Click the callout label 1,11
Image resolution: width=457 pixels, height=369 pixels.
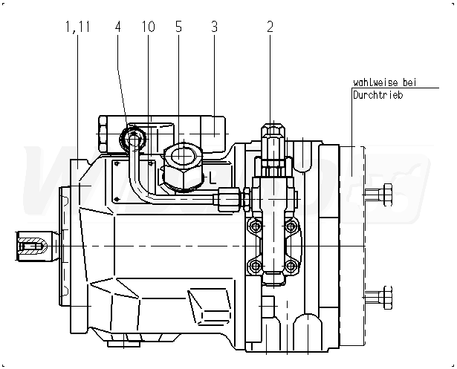tap(77, 27)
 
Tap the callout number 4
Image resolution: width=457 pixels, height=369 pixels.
tap(117, 27)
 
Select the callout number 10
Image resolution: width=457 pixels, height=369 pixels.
tap(148, 27)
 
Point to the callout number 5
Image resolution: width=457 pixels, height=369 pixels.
tap(178, 27)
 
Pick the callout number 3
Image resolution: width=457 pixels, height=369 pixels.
tap(214, 27)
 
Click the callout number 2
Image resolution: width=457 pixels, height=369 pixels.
tap(270, 27)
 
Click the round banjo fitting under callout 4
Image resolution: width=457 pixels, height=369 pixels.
tap(134, 137)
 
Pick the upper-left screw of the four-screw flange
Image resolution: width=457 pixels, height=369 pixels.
tap(255, 226)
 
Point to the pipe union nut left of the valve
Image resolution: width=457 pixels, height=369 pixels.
tap(227, 198)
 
